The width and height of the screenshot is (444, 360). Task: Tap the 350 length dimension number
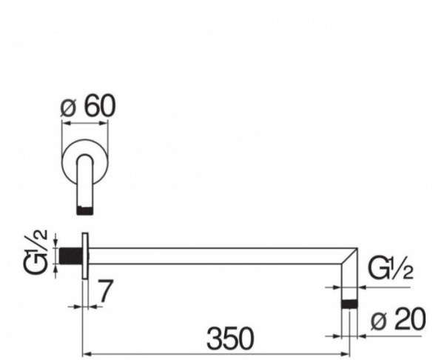230,339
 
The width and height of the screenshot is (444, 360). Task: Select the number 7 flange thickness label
104,291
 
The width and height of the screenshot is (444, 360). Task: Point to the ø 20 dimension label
398,319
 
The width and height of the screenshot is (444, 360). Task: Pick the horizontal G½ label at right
390,267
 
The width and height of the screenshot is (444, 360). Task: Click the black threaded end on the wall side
70,256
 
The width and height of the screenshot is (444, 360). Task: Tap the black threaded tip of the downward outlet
349,304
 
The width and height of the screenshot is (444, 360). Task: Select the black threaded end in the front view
85,210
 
